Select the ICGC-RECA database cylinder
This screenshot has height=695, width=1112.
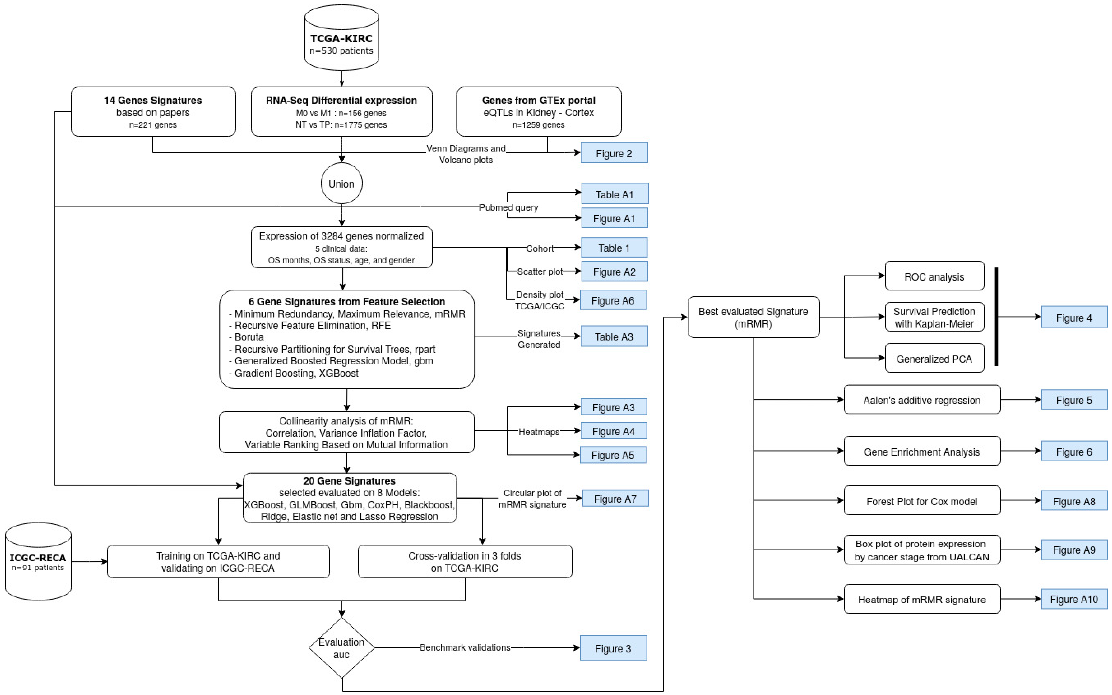(x=38, y=561)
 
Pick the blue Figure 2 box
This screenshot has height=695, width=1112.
(x=614, y=153)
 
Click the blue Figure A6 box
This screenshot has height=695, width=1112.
(x=613, y=300)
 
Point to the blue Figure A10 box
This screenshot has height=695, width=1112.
(x=1074, y=599)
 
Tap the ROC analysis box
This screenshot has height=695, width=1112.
(x=934, y=276)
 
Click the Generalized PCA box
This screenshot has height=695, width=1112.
(x=934, y=358)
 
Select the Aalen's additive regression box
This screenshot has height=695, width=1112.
(x=922, y=400)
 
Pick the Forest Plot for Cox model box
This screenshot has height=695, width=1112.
(x=922, y=501)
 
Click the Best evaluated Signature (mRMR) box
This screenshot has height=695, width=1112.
(x=753, y=317)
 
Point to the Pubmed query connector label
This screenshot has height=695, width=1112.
(x=509, y=207)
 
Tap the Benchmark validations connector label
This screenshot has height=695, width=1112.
(x=465, y=648)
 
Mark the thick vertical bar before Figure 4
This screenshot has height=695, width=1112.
(x=996, y=317)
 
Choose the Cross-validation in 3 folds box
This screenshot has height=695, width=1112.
(x=465, y=561)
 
